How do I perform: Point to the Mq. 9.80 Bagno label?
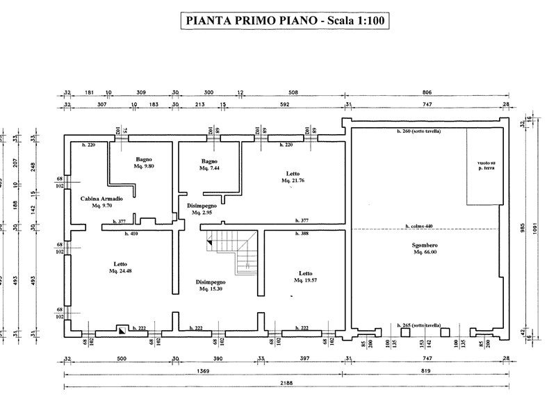144,163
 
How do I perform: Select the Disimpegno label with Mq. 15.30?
210,285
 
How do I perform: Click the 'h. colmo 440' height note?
420,226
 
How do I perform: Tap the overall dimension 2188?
286,383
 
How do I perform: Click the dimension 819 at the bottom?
427,371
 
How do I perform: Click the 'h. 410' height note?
131,234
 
